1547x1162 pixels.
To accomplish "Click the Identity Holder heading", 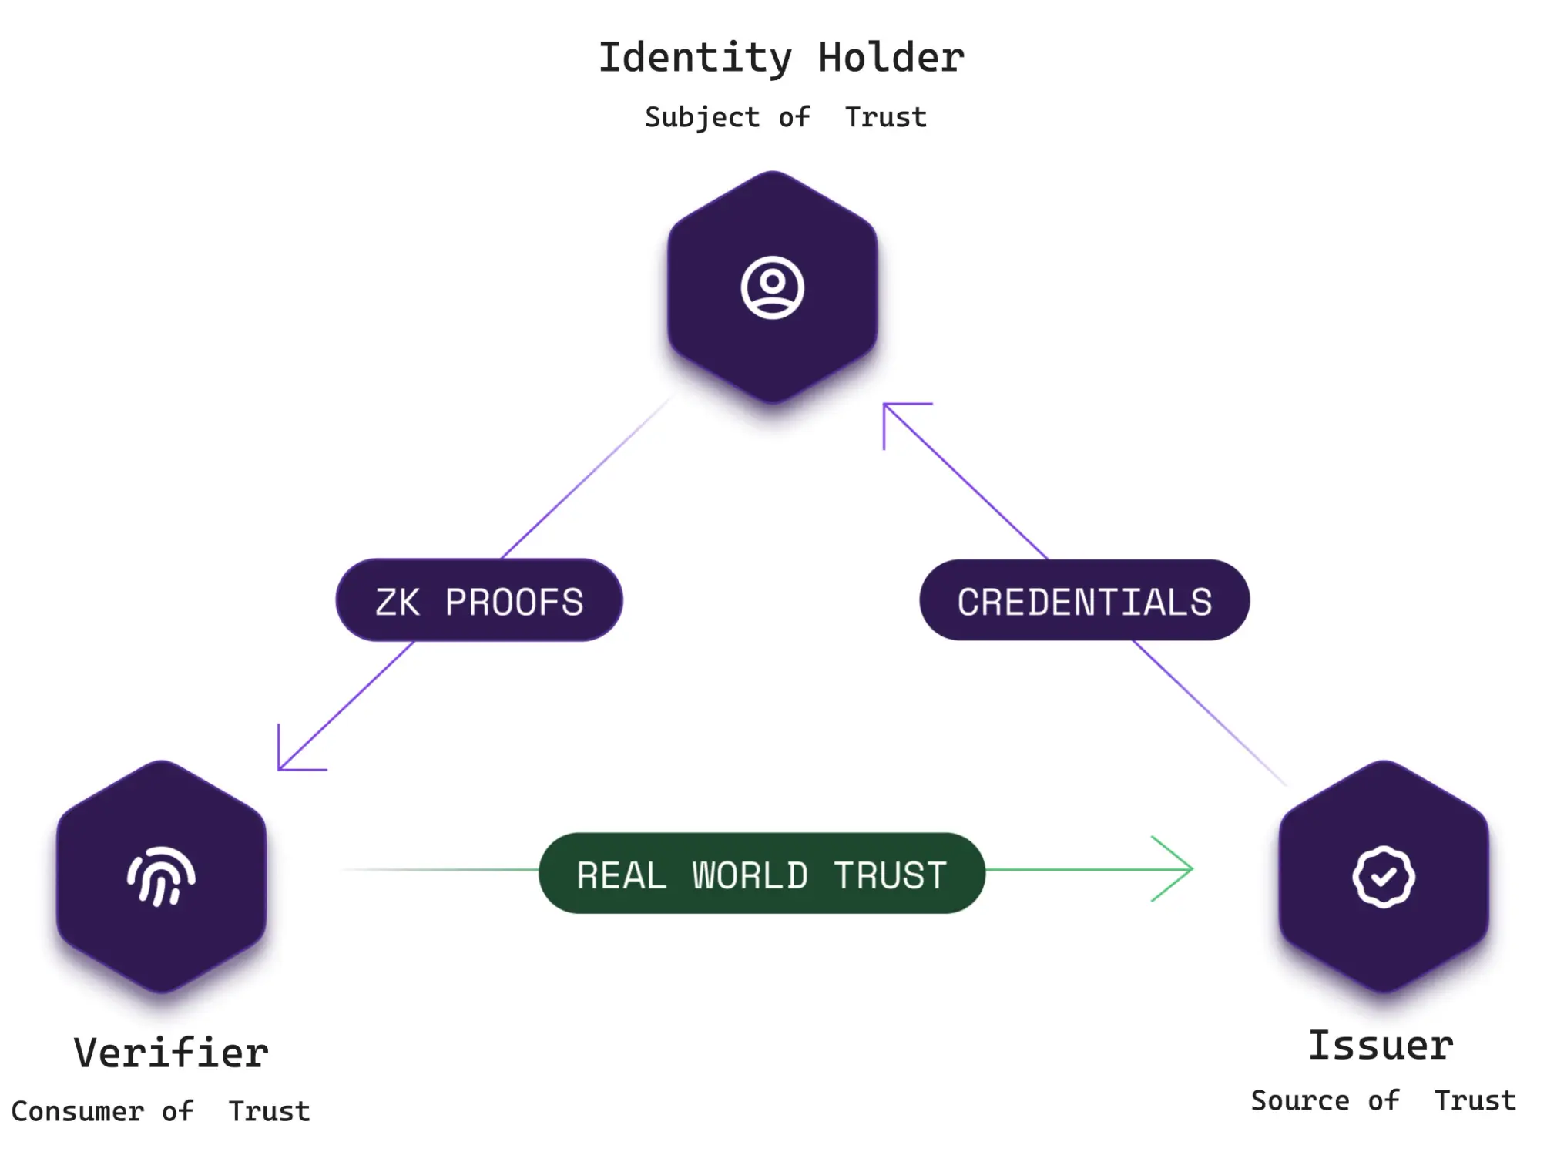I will [x=780, y=59].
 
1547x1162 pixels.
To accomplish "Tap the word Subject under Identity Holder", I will [x=702, y=118].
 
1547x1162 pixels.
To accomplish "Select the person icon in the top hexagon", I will [x=772, y=287].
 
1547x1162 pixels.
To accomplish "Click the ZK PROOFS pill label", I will [x=478, y=601].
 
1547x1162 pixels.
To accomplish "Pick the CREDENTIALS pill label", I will [x=1084, y=601].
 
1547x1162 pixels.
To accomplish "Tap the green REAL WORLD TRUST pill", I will [x=761, y=874].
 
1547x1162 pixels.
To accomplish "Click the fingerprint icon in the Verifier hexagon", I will [x=161, y=877].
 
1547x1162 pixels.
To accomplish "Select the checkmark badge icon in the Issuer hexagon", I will [x=1383, y=877].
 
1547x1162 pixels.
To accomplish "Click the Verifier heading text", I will [x=171, y=1053].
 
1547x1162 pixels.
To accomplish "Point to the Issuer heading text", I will [x=1381, y=1046].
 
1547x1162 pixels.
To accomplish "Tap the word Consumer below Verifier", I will [x=77, y=1112].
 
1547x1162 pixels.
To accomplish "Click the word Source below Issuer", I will [x=1300, y=1101].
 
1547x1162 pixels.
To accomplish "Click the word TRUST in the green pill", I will [x=890, y=876].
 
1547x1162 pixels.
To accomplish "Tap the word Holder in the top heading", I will [x=891, y=59].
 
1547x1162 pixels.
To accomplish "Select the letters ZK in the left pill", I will [x=398, y=603].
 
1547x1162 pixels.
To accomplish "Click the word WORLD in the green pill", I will [x=750, y=876].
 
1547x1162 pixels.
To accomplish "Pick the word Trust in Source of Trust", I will [x=1475, y=1101].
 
